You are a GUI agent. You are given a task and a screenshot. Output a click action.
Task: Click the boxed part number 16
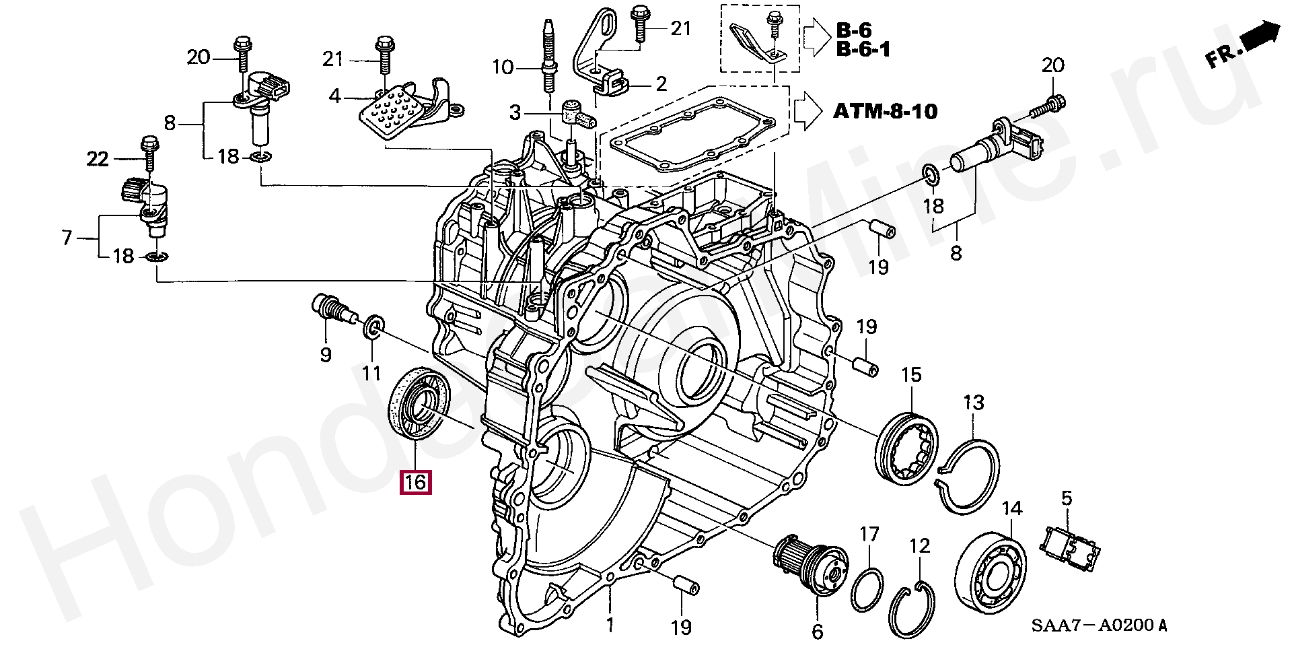[415, 482]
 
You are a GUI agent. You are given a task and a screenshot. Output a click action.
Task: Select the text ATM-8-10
[886, 110]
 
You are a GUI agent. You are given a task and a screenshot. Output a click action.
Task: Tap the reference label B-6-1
[863, 48]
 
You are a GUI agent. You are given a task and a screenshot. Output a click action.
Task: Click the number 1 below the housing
[610, 625]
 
